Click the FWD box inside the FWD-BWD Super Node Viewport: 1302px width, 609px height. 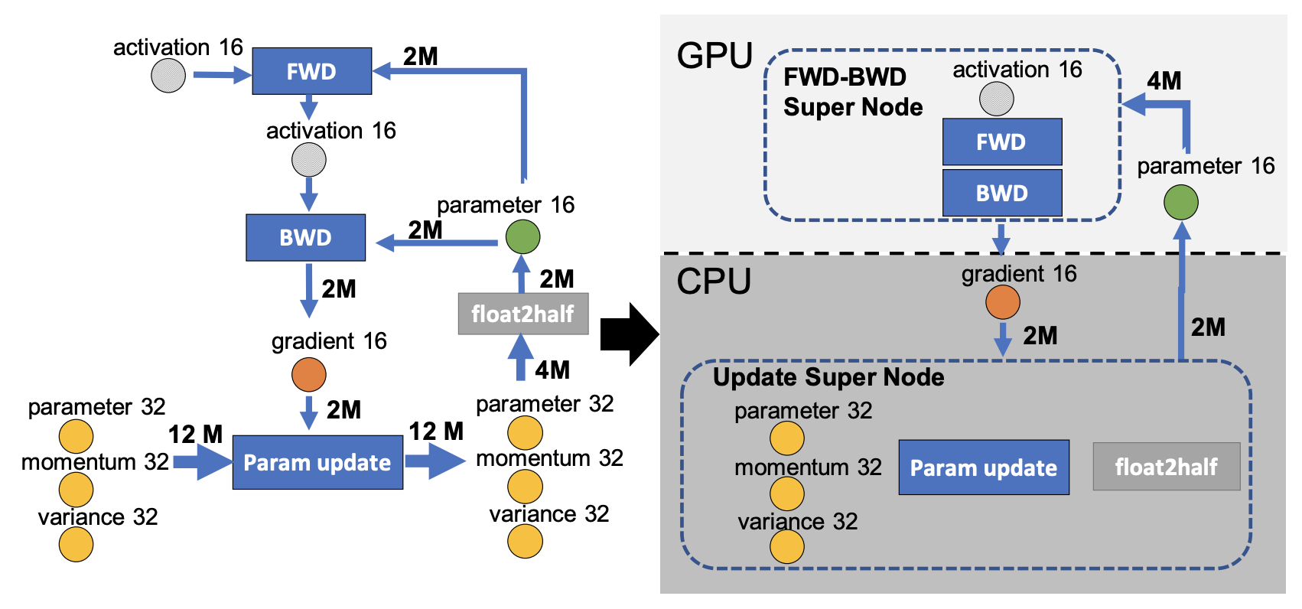[1002, 142]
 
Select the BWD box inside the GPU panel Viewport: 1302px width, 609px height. [1002, 193]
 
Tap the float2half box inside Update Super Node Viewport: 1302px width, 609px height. [1167, 467]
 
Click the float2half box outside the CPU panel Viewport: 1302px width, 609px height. [523, 314]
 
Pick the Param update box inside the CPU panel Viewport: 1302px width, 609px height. [984, 467]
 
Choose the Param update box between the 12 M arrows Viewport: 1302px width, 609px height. [317, 463]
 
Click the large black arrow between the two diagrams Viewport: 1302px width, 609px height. [630, 334]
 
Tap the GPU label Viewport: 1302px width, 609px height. [714, 57]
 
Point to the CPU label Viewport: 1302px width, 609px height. [714, 282]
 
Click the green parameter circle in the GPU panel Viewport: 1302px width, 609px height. [1181, 202]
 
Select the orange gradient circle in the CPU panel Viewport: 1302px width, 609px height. [1003, 302]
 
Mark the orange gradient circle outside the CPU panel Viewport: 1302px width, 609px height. [308, 374]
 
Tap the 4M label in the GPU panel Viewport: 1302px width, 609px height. [1164, 81]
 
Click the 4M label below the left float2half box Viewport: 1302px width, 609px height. [552, 370]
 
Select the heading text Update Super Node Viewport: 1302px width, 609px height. [828, 378]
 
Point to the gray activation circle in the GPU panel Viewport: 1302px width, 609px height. [997, 99]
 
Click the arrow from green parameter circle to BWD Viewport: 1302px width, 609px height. [437, 243]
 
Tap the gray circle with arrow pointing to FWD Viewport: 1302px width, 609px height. [168, 75]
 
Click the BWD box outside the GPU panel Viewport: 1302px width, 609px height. [306, 238]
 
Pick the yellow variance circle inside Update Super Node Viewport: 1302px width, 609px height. [787, 546]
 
